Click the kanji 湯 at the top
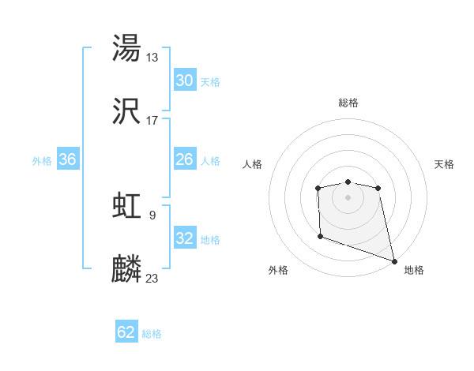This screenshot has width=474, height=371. click(127, 48)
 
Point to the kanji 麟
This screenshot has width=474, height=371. click(127, 269)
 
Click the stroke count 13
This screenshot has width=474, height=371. click(152, 58)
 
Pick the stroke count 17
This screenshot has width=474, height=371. click(152, 121)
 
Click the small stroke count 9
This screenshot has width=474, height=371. click(152, 215)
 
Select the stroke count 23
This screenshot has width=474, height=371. click(152, 279)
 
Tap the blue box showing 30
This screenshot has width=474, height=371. click(185, 81)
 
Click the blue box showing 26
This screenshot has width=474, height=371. click(185, 159)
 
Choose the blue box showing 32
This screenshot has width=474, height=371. click(185, 238)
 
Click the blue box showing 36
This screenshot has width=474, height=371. click(68, 159)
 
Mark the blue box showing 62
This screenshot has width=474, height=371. click(126, 332)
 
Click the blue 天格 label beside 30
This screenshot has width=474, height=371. click(210, 82)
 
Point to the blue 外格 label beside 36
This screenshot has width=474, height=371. click(42, 161)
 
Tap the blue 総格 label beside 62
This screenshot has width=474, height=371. click(152, 334)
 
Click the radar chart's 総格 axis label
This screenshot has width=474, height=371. click(348, 103)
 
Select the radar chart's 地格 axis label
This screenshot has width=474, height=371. click(414, 271)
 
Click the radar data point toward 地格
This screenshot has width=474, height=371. click(394, 260)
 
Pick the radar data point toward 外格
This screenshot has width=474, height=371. click(320, 235)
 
